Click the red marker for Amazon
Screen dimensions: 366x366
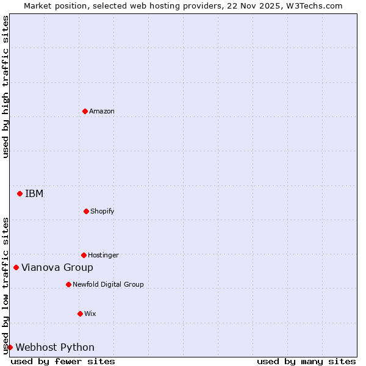click(x=85, y=111)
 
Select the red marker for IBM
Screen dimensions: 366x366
click(x=20, y=193)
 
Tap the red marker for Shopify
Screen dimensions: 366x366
click(x=86, y=211)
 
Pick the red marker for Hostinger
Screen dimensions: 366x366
click(x=84, y=255)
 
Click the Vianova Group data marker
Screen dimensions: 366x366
click(x=16, y=267)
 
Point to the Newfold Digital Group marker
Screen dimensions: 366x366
click(x=68, y=284)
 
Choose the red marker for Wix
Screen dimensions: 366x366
click(x=80, y=314)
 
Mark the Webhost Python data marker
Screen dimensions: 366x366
click(x=10, y=347)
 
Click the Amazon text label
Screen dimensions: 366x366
click(x=102, y=111)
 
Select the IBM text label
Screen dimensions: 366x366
click(x=34, y=193)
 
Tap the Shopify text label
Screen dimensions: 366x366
click(x=102, y=211)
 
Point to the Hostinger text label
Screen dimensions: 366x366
click(x=103, y=255)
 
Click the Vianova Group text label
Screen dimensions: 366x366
click(x=57, y=267)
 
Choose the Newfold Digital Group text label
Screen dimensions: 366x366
click(x=108, y=284)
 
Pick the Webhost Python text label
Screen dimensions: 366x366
click(x=55, y=347)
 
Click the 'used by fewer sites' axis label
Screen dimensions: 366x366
click(x=63, y=361)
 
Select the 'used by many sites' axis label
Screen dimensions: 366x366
click(x=306, y=361)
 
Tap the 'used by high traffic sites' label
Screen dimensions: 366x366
click(x=5, y=87)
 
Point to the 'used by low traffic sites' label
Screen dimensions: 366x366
click(x=5, y=285)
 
